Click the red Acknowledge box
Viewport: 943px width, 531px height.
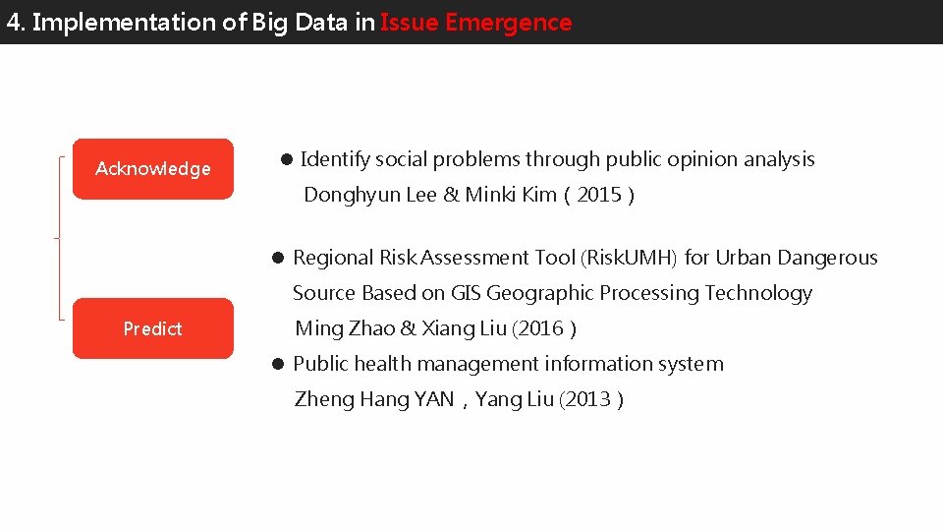[x=153, y=169]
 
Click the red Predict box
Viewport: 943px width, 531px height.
[x=153, y=328]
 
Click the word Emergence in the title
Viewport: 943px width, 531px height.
[x=508, y=23]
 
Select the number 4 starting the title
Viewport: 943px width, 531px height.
[x=13, y=23]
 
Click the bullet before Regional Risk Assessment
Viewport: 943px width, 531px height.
[x=278, y=259]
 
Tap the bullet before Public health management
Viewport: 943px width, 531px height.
[x=278, y=365]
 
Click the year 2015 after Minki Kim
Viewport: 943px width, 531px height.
[x=599, y=195]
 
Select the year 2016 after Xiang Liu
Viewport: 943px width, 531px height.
[x=543, y=328]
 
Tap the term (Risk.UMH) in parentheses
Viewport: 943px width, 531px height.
[x=630, y=258]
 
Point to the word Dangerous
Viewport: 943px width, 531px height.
[x=827, y=258]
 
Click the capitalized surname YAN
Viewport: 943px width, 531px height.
[x=433, y=399]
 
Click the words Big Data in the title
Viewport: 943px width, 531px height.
[x=299, y=23]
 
